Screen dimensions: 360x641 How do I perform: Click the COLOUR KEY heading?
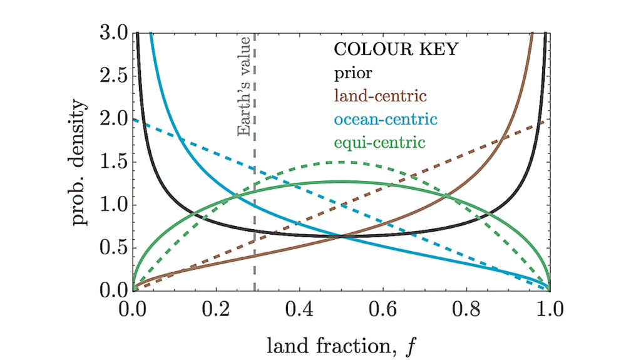coord(396,49)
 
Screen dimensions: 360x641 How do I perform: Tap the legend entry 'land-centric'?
coord(381,96)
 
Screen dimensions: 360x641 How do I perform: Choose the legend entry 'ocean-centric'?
coord(385,119)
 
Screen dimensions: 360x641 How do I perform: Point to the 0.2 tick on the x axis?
coord(216,309)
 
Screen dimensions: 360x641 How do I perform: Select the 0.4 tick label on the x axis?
coord(299,309)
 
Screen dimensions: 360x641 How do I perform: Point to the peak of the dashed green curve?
coord(341,162)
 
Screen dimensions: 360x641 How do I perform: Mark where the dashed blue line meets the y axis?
coord(133,119)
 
